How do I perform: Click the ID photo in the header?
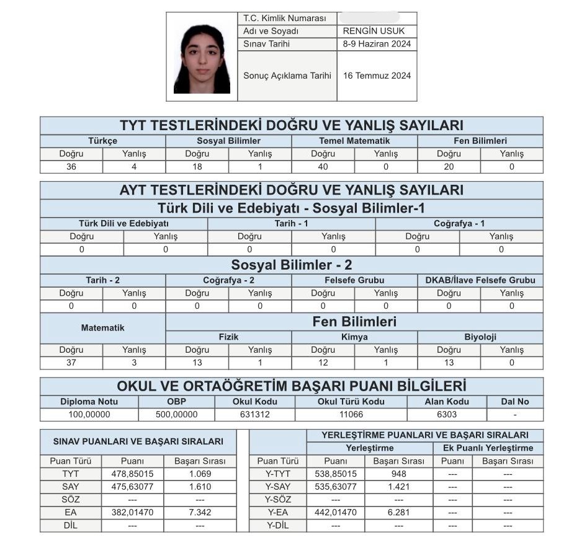click(x=202, y=58)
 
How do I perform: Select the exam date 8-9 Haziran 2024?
click(x=377, y=44)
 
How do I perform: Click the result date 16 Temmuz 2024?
click(x=377, y=76)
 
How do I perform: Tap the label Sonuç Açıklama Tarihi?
click(x=287, y=76)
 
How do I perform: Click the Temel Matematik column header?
click(x=354, y=141)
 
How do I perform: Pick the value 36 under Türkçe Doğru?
click(x=71, y=167)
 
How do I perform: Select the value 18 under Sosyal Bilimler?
click(x=197, y=167)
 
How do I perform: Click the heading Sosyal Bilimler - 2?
click(x=292, y=265)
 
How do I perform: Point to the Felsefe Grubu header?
click(x=354, y=280)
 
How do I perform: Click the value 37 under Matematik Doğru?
click(x=71, y=363)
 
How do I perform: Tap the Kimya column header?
click(x=354, y=337)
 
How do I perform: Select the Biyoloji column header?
click(x=480, y=337)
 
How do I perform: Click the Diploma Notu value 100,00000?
click(x=89, y=414)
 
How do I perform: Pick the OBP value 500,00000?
click(x=176, y=414)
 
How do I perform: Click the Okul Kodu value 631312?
click(x=254, y=414)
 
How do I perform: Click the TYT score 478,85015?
click(x=132, y=474)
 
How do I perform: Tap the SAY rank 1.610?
click(x=200, y=487)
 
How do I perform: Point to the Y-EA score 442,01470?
click(x=336, y=512)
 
